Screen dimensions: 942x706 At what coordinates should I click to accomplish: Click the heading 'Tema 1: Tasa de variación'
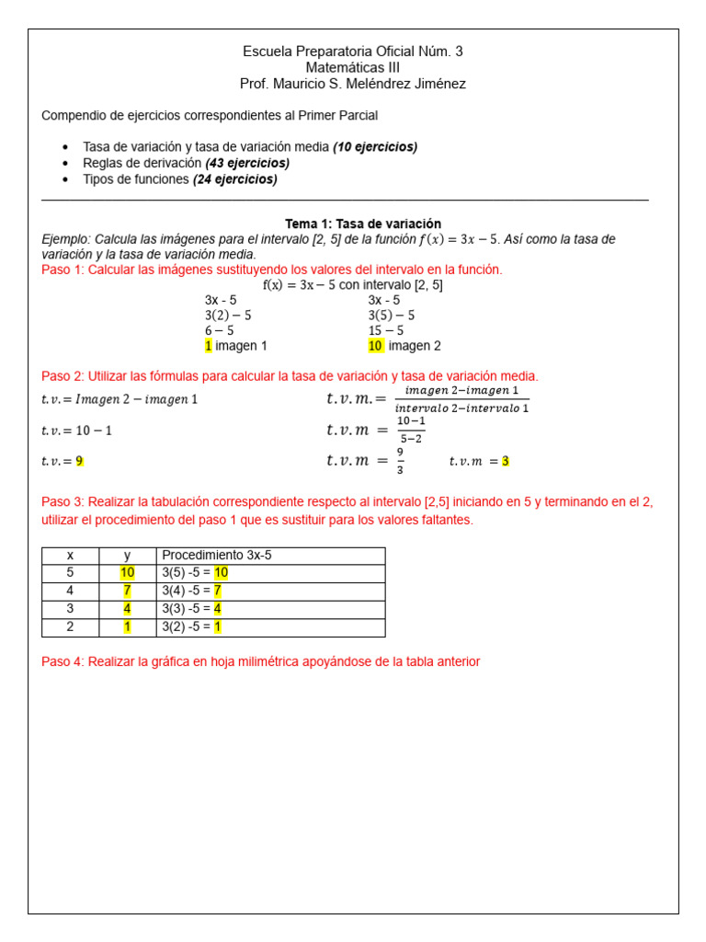tap(362, 224)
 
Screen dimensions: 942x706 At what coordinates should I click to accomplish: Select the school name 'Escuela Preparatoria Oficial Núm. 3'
tap(352, 52)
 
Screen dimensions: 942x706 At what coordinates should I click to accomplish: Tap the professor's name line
tap(352, 84)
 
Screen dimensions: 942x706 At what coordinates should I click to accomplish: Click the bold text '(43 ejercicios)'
tap(246, 163)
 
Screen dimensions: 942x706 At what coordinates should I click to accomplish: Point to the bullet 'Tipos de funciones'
tap(135, 179)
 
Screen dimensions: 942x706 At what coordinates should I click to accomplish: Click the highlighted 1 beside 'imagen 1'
tap(209, 346)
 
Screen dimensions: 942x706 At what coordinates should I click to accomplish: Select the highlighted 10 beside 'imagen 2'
tap(375, 346)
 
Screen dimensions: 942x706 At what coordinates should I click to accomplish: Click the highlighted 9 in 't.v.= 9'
tap(80, 461)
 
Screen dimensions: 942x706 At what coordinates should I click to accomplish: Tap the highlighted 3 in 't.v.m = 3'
tap(506, 461)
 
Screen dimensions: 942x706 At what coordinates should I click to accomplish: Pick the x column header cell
tap(70, 556)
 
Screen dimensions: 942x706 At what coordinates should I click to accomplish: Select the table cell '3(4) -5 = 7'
tap(191, 591)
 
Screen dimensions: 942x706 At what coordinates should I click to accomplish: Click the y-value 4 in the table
tap(127, 609)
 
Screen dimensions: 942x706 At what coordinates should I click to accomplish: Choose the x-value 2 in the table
tap(70, 627)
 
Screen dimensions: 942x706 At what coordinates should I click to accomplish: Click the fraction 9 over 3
tap(400, 461)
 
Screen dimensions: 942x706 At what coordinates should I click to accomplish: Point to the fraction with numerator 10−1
tap(410, 429)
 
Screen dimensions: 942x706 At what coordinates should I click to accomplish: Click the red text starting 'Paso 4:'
tap(260, 661)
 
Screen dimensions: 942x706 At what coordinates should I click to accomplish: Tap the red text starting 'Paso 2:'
tap(290, 376)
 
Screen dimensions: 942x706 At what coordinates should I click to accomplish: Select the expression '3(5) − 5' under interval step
tap(391, 315)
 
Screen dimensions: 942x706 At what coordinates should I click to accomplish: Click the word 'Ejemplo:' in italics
tap(66, 239)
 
